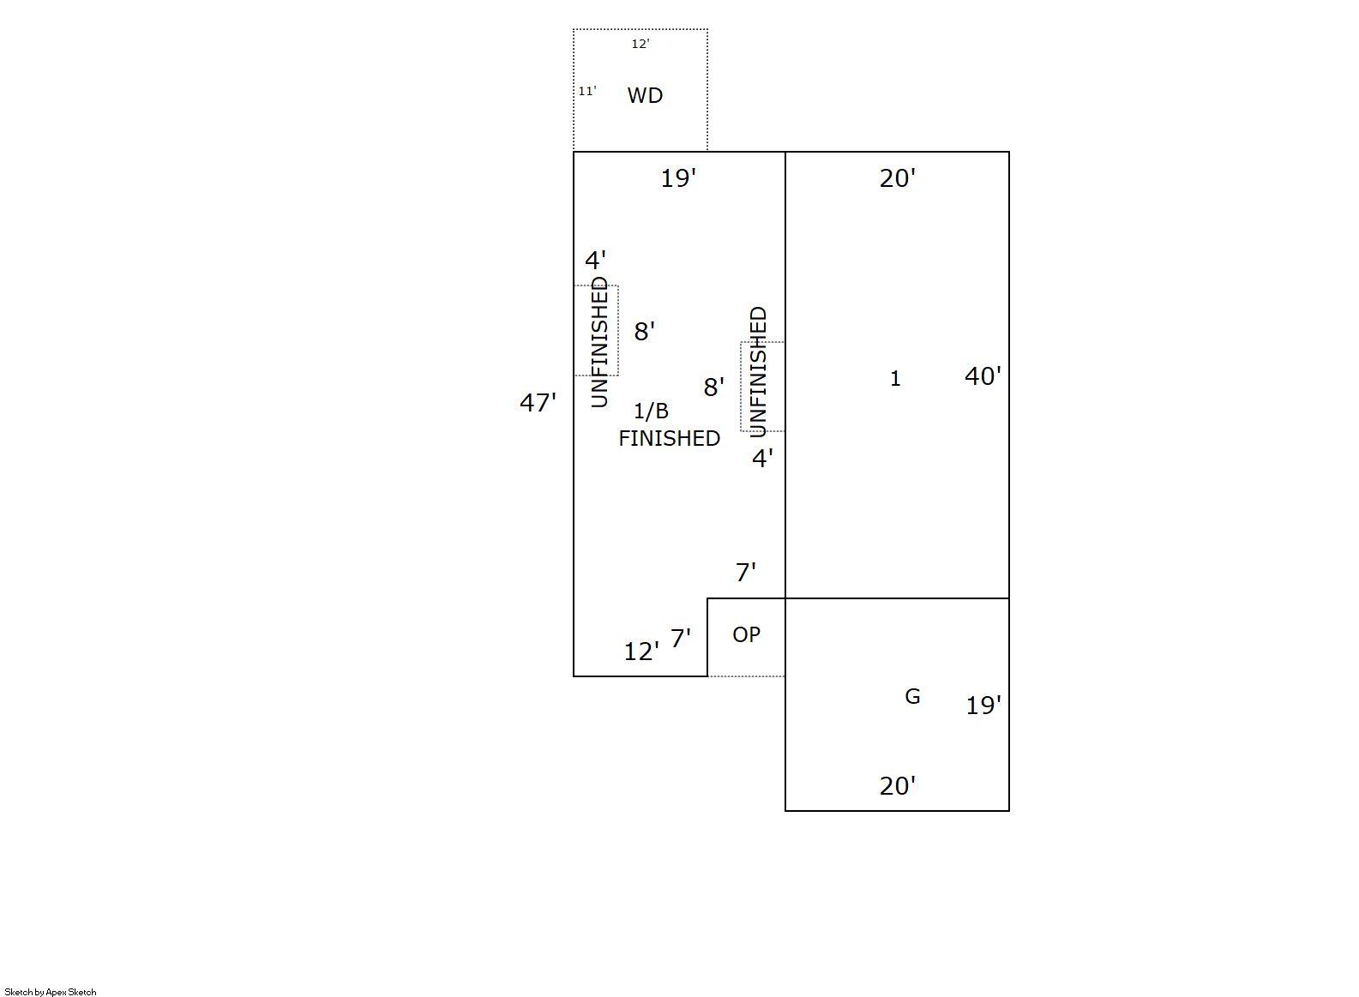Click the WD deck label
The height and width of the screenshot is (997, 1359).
point(645,95)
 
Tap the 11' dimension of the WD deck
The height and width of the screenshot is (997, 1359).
point(587,91)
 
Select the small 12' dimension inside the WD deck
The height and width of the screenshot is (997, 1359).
point(640,44)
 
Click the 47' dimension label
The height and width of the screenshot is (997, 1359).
point(538,403)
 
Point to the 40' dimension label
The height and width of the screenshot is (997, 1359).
point(983,376)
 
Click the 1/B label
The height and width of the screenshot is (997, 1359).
point(651,411)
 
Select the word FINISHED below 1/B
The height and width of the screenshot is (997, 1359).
point(669,438)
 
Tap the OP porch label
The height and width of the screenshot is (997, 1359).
point(746,634)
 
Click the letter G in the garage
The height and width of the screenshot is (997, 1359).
point(912,696)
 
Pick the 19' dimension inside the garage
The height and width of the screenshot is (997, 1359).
point(983,706)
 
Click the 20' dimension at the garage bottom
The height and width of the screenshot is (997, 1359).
point(898,786)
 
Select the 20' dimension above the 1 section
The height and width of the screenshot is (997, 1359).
point(898,178)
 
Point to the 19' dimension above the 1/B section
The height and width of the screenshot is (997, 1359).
point(678,178)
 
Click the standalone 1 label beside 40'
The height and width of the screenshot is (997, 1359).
point(895,378)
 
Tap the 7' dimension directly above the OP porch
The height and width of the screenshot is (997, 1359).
point(746,573)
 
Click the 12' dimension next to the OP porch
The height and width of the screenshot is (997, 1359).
point(641,652)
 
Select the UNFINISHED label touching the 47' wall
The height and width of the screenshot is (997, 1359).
point(598,342)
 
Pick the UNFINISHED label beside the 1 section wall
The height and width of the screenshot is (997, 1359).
point(758,372)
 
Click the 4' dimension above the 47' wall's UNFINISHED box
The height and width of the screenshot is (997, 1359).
point(596,260)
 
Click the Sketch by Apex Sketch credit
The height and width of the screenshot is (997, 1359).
point(51,992)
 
